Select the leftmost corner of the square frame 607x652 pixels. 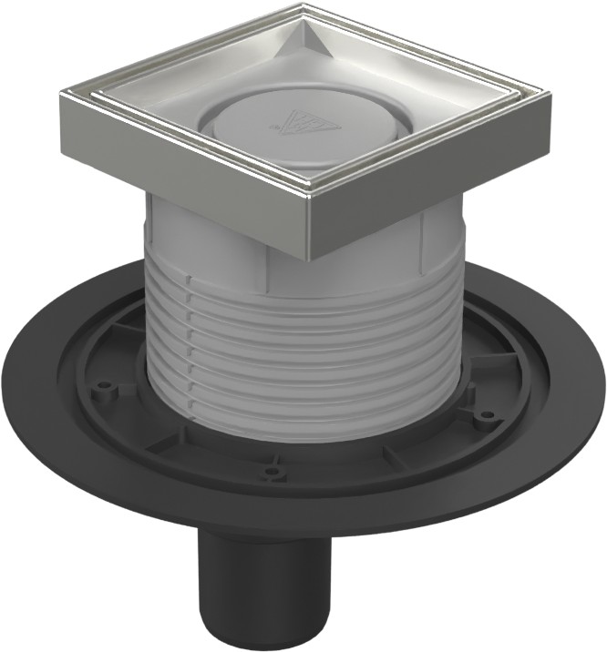click(x=66, y=97)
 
